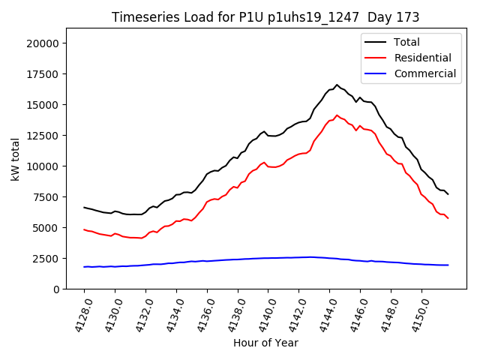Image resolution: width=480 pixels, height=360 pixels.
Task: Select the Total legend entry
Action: coord(406,42)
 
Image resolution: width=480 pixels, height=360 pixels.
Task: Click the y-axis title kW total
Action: coord(15,159)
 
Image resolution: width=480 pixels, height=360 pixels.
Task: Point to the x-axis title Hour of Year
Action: coord(265,343)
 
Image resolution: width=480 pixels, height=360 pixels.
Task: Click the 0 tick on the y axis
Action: coord(57,289)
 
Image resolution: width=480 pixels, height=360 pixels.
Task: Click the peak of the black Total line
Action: coord(337,85)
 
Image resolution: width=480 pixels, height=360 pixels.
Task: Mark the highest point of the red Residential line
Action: coord(337,115)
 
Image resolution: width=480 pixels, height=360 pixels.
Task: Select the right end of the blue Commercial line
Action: coord(448,265)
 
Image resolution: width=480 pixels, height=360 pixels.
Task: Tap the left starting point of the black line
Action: coord(84,207)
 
